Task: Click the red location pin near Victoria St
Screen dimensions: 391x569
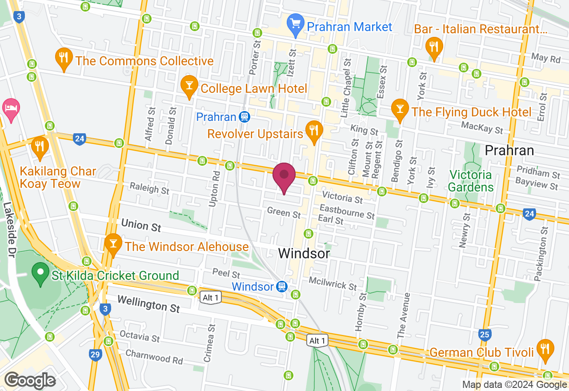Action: pyautogui.click(x=284, y=176)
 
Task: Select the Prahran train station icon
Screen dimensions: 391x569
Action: pyautogui.click(x=244, y=117)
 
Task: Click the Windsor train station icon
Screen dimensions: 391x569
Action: pyautogui.click(x=281, y=287)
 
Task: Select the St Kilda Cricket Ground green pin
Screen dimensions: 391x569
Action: pyautogui.click(x=41, y=273)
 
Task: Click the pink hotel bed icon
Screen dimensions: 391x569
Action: pyautogui.click(x=10, y=108)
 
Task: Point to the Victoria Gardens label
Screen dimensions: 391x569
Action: pyautogui.click(x=471, y=181)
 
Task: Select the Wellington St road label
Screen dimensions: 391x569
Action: pyautogui.click(x=148, y=305)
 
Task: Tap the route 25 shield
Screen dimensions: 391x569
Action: pyautogui.click(x=485, y=335)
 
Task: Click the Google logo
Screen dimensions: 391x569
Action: pyautogui.click(x=30, y=380)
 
